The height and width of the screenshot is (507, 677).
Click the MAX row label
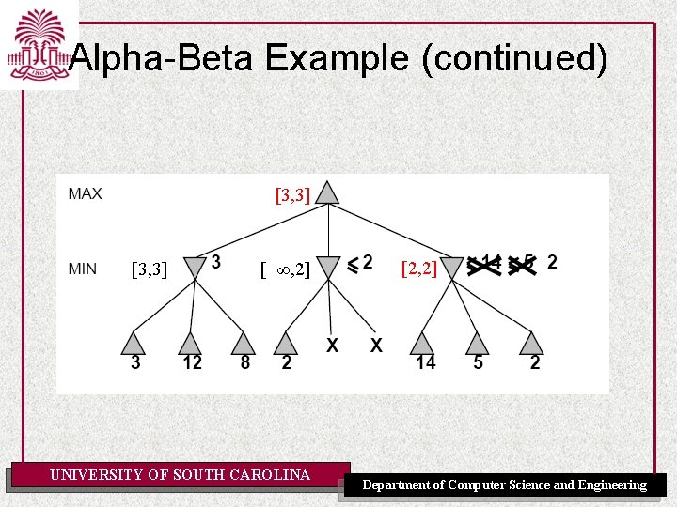coord(85,194)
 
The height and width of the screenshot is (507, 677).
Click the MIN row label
coord(83,269)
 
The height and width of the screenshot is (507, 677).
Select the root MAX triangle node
coord(327,193)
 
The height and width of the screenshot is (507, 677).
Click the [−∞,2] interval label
coord(285,270)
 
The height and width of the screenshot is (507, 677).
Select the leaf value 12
coord(191,363)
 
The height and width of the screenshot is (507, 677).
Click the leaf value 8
coord(244,363)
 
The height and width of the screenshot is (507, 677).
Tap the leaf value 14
coord(425,363)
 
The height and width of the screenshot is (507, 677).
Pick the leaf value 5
coord(478,363)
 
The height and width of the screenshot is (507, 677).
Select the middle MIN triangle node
coord(327,267)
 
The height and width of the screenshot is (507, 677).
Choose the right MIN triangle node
coord(453,267)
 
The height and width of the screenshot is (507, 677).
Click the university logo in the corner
coord(38,44)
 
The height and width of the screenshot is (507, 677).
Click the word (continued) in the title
coord(514,59)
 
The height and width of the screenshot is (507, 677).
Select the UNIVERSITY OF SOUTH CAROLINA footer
coord(180,475)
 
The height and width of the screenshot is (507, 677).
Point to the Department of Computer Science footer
coord(505,485)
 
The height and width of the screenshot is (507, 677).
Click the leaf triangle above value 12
coord(191,343)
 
